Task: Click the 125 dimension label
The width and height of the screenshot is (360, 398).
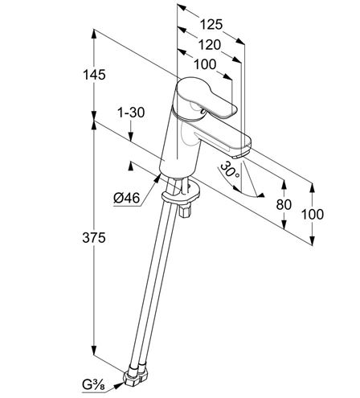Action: tap(211, 24)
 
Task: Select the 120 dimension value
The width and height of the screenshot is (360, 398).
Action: tap(210, 45)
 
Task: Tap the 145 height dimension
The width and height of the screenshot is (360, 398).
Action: tap(94, 75)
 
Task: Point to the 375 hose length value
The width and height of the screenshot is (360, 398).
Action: tap(94, 237)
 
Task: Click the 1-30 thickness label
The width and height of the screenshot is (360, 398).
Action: tap(131, 113)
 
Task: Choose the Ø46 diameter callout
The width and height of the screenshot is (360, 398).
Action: tap(127, 199)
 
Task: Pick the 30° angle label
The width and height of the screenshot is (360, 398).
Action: tap(229, 170)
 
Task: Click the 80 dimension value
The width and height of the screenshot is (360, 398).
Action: tap(284, 205)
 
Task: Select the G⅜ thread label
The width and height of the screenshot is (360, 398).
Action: tap(94, 385)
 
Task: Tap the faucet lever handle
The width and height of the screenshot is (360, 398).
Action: tap(207, 97)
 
